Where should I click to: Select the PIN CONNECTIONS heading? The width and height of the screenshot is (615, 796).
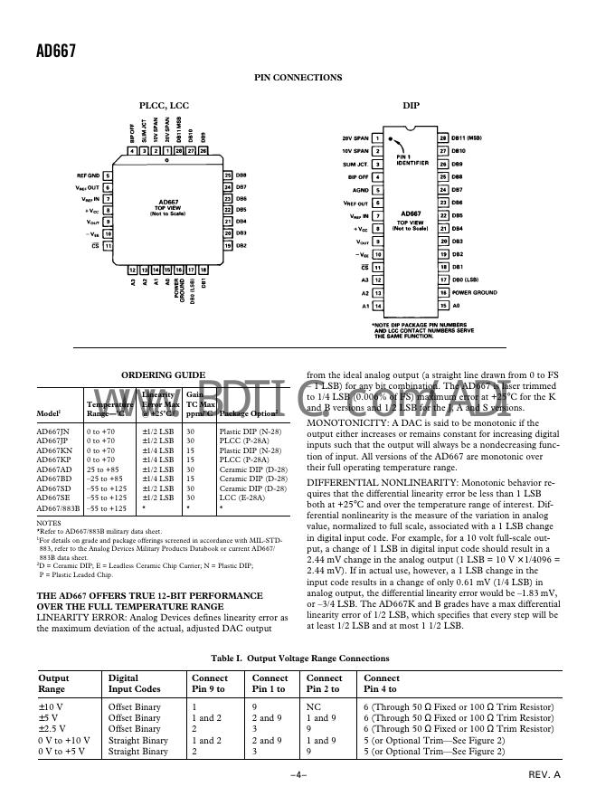click(x=298, y=77)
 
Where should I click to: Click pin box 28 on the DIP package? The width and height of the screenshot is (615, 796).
click(x=443, y=137)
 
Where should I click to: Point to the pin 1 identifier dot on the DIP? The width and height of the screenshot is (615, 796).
click(x=390, y=141)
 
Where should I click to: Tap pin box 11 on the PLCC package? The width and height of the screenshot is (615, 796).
click(x=109, y=245)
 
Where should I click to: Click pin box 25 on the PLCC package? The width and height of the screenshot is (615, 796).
click(x=228, y=175)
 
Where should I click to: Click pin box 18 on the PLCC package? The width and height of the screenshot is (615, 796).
click(x=203, y=270)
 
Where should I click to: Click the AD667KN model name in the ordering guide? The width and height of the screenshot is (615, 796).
click(x=52, y=450)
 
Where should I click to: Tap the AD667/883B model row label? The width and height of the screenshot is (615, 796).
click(x=58, y=509)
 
